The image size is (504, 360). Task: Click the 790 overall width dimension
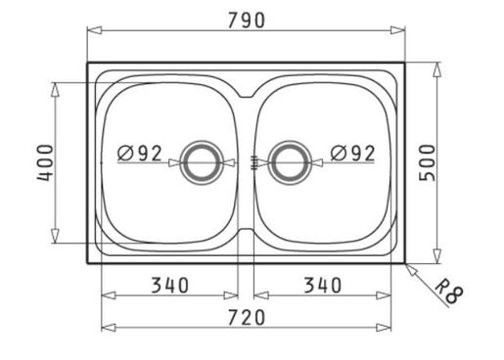click(247, 21)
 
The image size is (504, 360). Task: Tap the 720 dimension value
click(247, 318)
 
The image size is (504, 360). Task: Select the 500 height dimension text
click(427, 162)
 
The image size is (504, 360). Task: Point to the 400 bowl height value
click(45, 162)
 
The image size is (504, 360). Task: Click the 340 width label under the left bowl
click(170, 285)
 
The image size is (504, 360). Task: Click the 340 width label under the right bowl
click(323, 285)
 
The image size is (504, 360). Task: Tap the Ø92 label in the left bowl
click(140, 154)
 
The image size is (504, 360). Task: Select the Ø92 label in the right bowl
click(352, 154)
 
